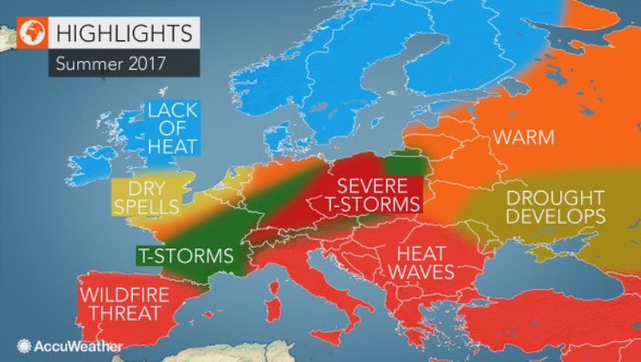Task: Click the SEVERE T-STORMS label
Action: click(370, 193)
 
